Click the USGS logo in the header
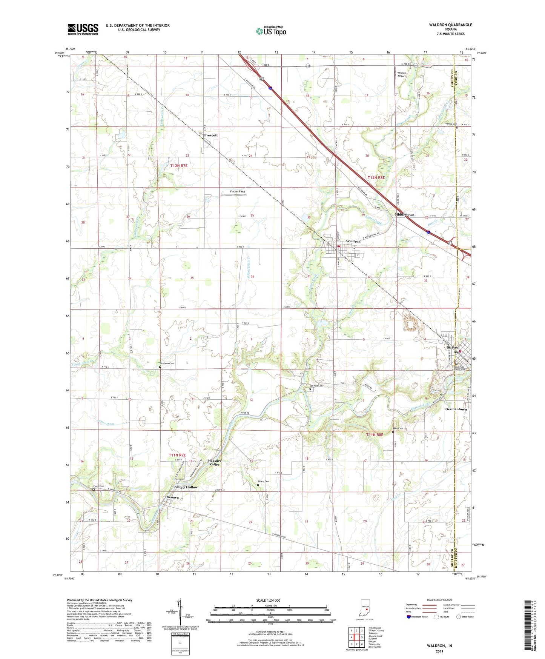(83, 29)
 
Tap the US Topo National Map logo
(271, 31)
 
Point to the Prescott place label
(211, 135)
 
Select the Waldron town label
(353, 241)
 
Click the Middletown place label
(404, 215)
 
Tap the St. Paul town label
(453, 347)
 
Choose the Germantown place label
(456, 409)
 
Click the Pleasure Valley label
(214, 463)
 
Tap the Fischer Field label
(238, 192)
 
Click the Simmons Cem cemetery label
(166, 363)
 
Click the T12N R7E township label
(179, 166)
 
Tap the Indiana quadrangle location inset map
(364, 608)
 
